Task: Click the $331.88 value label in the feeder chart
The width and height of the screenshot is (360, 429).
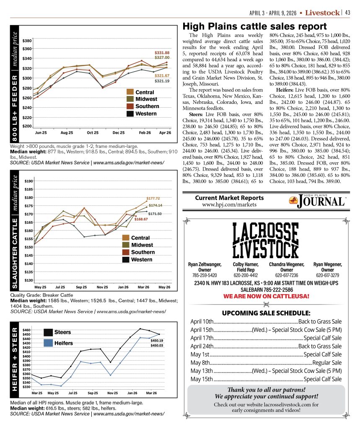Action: pos(162,52)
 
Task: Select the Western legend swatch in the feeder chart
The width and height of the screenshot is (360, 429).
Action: pos(130,114)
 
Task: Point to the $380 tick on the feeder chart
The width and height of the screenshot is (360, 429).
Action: pos(27,41)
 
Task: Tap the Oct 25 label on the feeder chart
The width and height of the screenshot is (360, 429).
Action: pos(93,132)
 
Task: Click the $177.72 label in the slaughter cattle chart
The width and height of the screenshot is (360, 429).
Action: pos(153,198)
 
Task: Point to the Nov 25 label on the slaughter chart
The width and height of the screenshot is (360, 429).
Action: pos(102,287)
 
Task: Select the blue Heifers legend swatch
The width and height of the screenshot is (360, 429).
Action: pos(48,343)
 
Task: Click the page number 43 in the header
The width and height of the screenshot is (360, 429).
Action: pos(348,13)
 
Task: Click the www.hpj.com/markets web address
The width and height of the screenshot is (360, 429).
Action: pos(230,205)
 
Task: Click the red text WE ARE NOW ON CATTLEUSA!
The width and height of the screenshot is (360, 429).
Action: pos(266,296)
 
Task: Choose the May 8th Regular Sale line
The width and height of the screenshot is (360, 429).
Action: pos(266,362)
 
